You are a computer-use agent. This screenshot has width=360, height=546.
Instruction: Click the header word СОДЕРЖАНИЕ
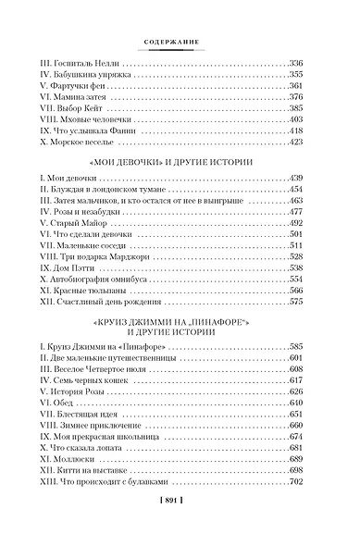(180, 40)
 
